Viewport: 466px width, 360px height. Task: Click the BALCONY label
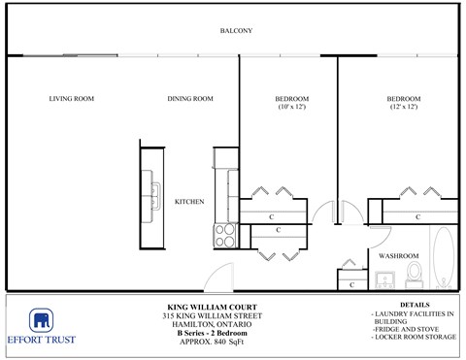pos(236,31)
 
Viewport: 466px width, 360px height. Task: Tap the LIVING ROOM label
pos(72,98)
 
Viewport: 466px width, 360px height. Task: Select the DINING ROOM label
pos(189,98)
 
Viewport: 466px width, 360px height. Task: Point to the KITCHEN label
pos(188,201)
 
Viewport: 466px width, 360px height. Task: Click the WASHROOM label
pos(398,255)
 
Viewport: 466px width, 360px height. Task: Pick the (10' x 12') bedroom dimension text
pos(291,108)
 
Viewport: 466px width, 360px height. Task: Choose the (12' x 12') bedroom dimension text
pos(404,108)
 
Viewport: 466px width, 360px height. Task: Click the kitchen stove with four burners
pos(225,236)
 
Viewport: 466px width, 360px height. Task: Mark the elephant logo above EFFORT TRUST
pos(42,321)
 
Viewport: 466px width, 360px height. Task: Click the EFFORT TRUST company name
pos(42,340)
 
